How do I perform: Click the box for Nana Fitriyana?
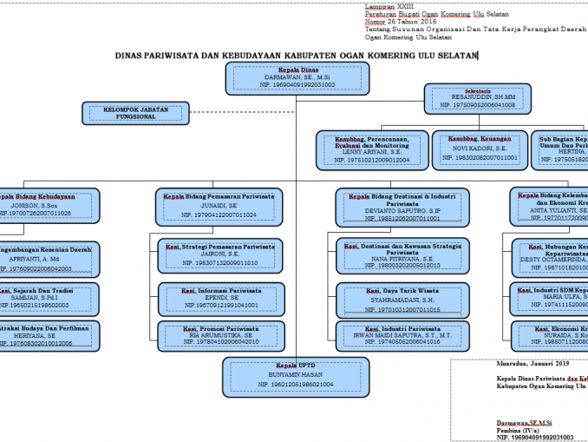tap(402, 256)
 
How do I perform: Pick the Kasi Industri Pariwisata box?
tap(402, 336)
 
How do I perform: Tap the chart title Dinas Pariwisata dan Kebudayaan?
tap(296, 55)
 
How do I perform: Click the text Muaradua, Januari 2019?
tap(511, 365)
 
